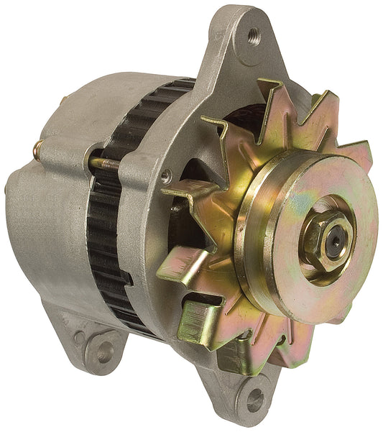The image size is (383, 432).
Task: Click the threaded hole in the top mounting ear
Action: point(252,35)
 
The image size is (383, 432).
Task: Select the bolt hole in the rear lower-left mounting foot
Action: point(105,351)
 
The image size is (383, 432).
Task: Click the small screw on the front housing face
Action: point(166,175)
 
